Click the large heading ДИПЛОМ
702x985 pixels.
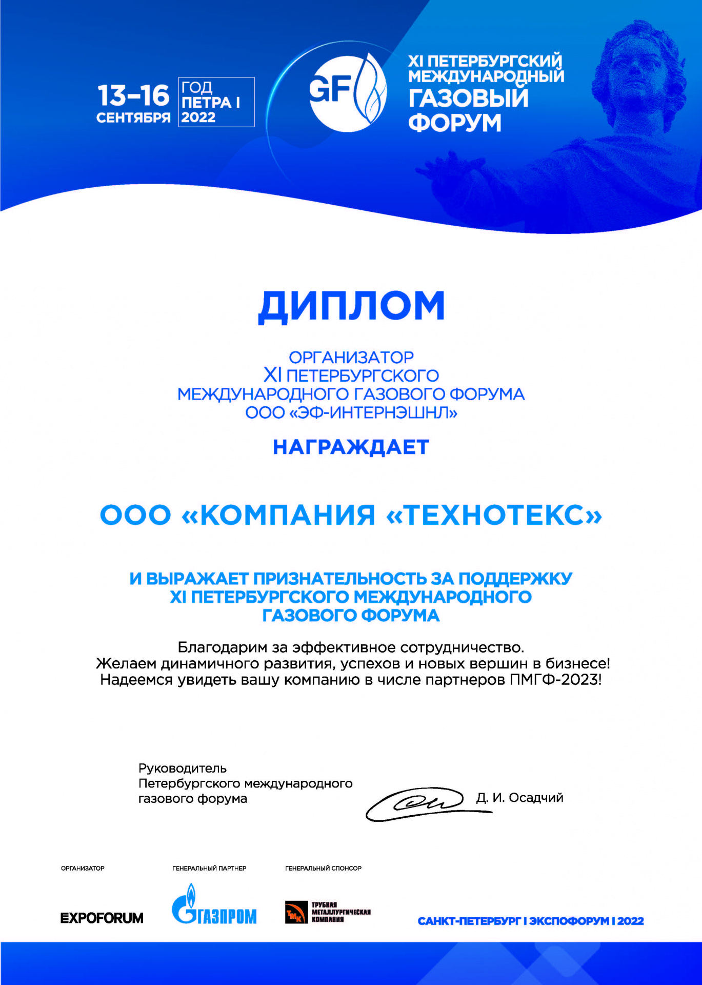click(x=351, y=306)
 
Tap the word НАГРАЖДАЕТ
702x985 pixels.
click(x=351, y=447)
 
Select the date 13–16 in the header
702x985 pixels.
click(x=133, y=95)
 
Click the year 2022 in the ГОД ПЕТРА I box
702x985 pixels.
click(x=198, y=117)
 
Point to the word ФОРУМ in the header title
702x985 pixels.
click(x=454, y=123)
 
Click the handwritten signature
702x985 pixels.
click(x=420, y=803)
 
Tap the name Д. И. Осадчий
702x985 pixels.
click(x=519, y=798)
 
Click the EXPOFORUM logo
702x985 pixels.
click(x=102, y=918)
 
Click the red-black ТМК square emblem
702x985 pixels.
click(x=295, y=913)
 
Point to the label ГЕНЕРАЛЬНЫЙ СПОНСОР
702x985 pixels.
click(x=323, y=868)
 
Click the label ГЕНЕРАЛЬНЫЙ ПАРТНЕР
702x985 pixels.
click(x=209, y=868)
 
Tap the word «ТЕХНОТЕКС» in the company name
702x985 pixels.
click(x=494, y=515)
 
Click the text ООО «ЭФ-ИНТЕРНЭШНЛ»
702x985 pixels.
click(x=351, y=412)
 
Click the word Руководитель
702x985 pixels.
click(x=183, y=769)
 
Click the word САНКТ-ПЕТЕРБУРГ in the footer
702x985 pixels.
click(x=469, y=921)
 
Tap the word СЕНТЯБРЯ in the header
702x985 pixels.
click(x=133, y=118)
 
